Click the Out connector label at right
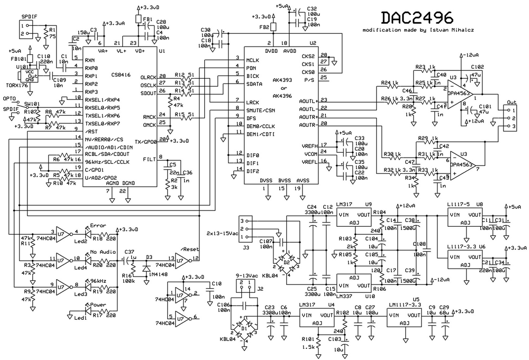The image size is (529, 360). coord(512,102)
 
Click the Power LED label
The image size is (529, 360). coord(98,305)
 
